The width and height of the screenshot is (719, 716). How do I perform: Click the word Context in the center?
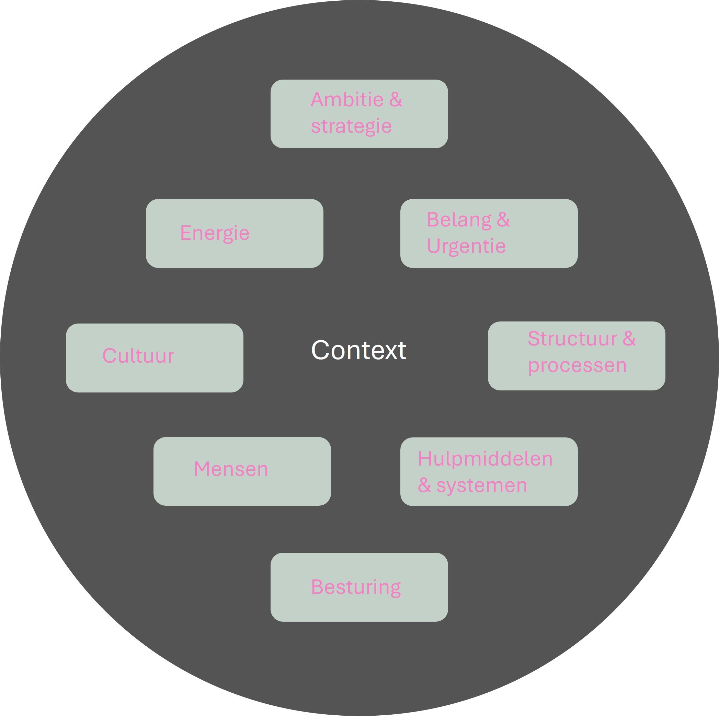click(358, 350)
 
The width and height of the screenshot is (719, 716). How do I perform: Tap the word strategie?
click(351, 126)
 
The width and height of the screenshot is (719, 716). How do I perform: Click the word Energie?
click(215, 233)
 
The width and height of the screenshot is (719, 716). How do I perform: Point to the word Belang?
click(459, 220)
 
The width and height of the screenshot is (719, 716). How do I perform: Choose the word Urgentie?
click(466, 246)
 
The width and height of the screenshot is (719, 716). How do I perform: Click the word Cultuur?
click(138, 356)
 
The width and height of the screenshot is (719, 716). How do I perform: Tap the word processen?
click(577, 365)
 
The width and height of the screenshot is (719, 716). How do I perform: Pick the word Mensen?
click(231, 469)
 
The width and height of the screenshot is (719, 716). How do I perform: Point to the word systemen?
click(482, 485)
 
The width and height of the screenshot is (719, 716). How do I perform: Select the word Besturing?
click(356, 587)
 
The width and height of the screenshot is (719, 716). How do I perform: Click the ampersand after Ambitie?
click(396, 99)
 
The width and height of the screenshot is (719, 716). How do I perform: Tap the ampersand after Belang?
click(503, 219)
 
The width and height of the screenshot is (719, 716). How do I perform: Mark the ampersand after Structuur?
click(629, 339)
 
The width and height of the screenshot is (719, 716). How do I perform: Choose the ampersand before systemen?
click(424, 485)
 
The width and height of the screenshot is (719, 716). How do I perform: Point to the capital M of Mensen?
click(201, 469)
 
